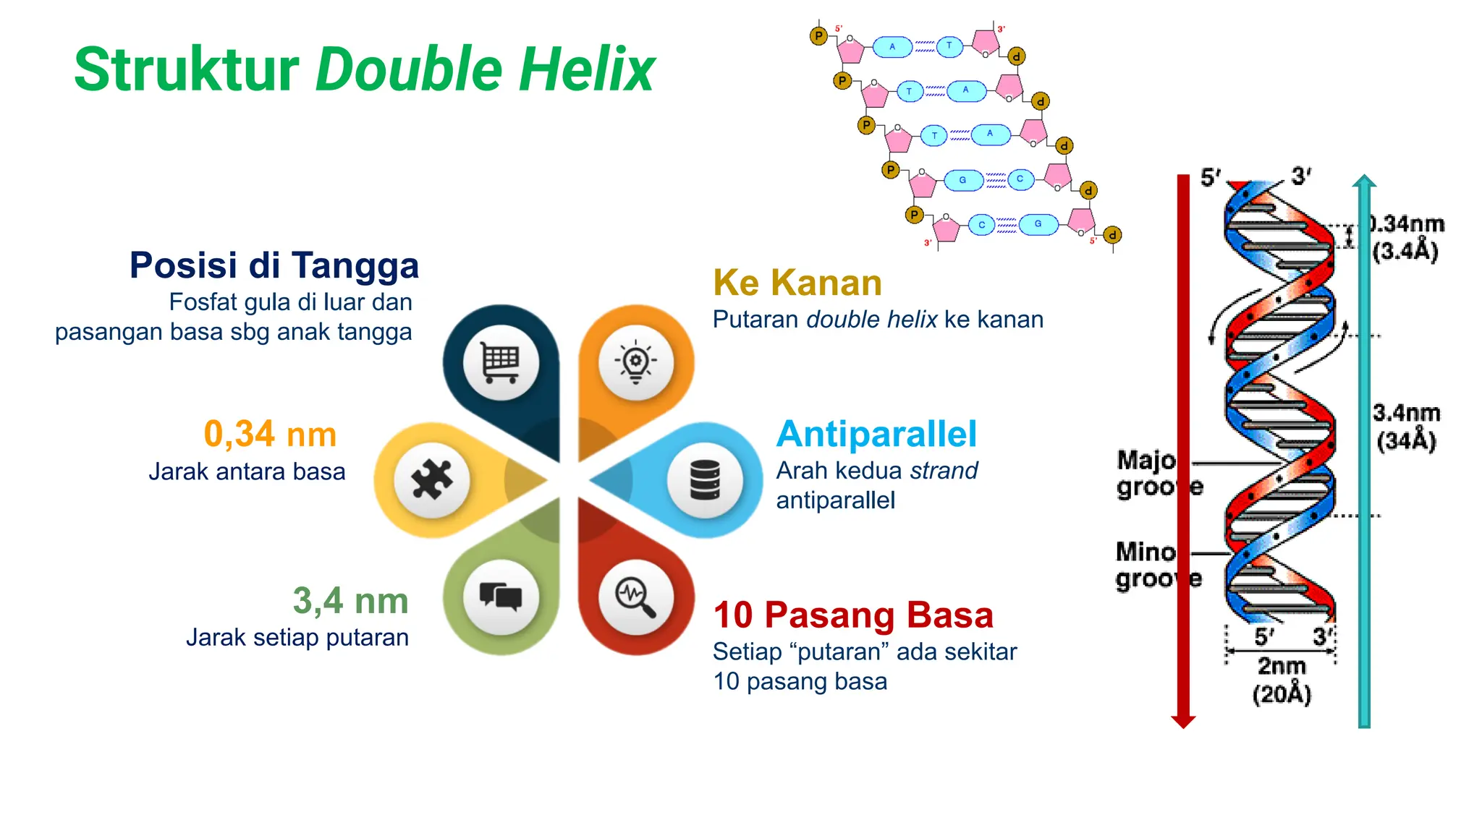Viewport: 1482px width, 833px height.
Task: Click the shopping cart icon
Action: [x=501, y=362]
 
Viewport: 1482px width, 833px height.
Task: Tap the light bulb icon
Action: [x=635, y=362]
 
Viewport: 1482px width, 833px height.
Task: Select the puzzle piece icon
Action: [x=432, y=479]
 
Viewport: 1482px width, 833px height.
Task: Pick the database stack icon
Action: [x=705, y=479]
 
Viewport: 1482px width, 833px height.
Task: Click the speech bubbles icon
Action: [x=501, y=597]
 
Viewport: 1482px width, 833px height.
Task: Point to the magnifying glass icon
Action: [x=635, y=597]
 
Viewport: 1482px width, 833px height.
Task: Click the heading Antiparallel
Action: [x=876, y=435]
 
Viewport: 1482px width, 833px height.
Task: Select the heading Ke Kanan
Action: [x=797, y=283]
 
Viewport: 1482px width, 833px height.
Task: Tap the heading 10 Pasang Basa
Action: [x=853, y=615]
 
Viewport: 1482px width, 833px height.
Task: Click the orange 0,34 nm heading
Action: [x=270, y=435]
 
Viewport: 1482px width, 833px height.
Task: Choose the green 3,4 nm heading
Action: [x=350, y=601]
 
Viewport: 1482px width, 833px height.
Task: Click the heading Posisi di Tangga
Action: [x=274, y=265]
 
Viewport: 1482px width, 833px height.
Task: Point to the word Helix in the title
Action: [x=587, y=70]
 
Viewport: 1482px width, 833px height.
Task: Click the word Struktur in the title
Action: [x=187, y=70]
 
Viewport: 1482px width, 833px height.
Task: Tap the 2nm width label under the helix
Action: [x=1282, y=666]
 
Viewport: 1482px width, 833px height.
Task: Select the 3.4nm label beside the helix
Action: [x=1407, y=414]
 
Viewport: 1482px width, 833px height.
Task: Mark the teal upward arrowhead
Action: [x=1364, y=181]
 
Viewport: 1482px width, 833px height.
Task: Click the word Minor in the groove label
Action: [x=1146, y=552]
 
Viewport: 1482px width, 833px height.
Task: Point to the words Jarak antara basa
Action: [x=247, y=472]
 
